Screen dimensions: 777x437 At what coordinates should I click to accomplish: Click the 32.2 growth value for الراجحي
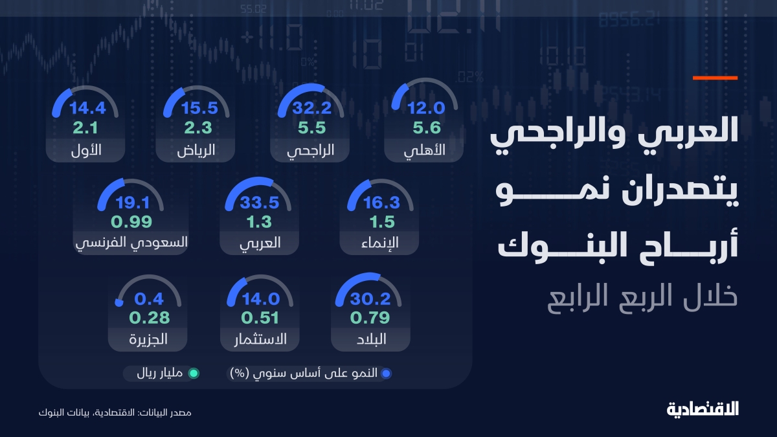point(311,108)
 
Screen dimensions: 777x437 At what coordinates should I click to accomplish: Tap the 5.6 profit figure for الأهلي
point(427,128)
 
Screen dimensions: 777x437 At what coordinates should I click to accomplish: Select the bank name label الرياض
point(196,150)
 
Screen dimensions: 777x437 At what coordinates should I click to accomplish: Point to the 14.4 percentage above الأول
point(87,108)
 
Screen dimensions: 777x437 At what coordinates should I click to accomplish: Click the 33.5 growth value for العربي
point(260,202)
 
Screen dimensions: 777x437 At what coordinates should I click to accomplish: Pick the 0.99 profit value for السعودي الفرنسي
point(131,221)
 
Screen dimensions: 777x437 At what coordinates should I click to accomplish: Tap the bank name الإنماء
point(380,242)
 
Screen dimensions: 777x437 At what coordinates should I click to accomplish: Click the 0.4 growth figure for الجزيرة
point(149,298)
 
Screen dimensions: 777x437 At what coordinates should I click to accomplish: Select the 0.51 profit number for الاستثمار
point(260,318)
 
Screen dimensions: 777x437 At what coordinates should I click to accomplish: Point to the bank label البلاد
point(371,339)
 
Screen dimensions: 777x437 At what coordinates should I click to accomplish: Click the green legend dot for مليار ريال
point(194,374)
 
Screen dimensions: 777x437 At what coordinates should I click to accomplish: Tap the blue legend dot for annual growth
point(386,374)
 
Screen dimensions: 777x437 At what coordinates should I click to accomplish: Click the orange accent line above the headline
point(715,78)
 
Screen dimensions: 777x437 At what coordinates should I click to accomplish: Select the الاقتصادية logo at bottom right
point(703,410)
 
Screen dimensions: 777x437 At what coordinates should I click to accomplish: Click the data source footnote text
point(115,413)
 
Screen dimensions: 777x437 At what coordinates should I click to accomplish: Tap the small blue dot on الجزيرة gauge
point(119,302)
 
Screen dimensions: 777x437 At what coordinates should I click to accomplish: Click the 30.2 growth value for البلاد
point(370,298)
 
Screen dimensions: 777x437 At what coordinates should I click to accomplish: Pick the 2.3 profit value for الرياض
point(197,128)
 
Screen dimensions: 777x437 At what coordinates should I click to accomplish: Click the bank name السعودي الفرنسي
point(131,242)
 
